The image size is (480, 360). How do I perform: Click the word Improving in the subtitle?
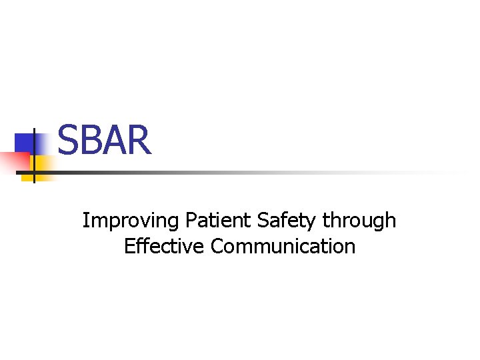point(131,221)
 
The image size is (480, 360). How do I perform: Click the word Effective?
point(165,246)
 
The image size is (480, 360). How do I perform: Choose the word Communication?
point(283,246)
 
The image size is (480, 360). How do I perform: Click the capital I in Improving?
point(85,220)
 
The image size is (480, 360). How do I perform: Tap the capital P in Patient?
point(191,220)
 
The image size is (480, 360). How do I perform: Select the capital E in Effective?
point(129,246)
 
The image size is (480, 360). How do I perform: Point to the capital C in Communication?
point(217,246)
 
